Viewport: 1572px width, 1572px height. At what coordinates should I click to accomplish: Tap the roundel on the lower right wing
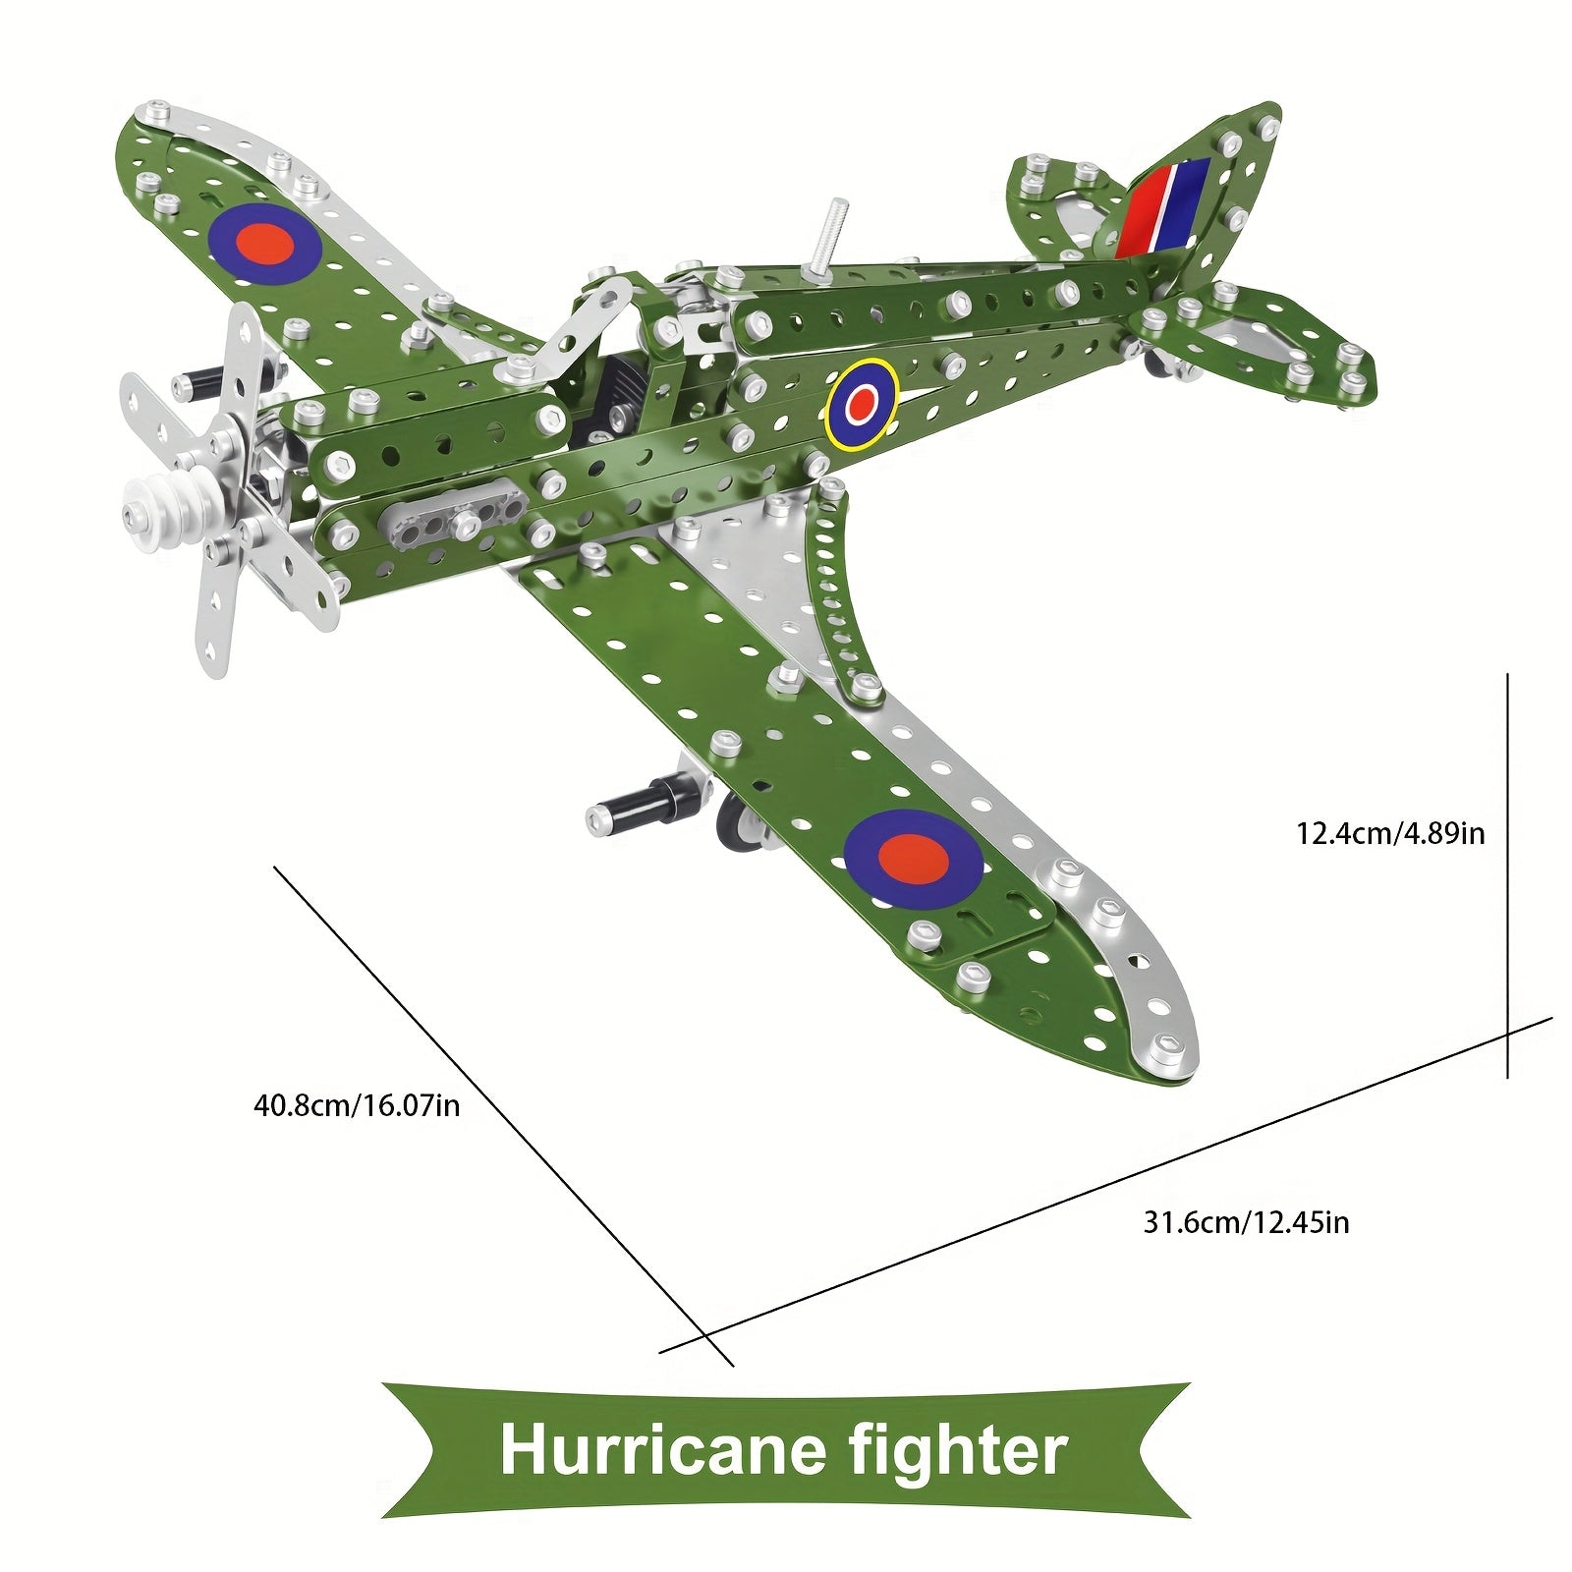913,858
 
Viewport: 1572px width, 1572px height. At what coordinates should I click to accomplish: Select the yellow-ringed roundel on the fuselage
862,402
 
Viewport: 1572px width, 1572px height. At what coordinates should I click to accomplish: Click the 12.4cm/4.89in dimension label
1390,834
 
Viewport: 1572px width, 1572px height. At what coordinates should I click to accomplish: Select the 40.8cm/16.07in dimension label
357,1105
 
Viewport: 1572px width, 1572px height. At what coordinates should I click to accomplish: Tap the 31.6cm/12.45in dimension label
1246,1222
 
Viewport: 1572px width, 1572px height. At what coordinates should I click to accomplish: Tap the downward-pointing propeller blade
221,619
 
